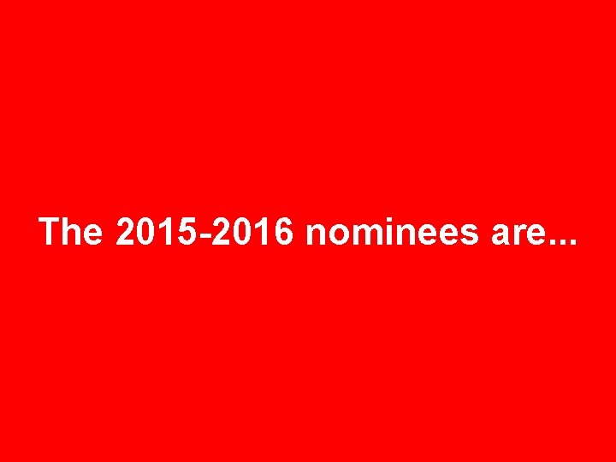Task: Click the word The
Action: click(70, 232)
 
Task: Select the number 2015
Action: click(152, 232)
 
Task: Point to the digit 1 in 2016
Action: click(263, 232)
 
